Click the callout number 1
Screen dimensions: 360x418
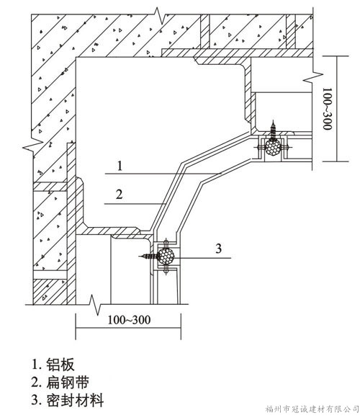(x=120, y=166)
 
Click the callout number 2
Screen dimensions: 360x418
(x=119, y=195)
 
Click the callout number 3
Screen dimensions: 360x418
(x=218, y=249)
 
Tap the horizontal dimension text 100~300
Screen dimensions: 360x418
(x=129, y=320)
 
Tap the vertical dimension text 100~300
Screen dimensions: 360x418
(x=328, y=109)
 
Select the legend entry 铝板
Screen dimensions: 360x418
(x=53, y=365)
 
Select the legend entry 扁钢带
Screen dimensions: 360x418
(x=60, y=383)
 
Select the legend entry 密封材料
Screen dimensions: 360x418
(x=68, y=401)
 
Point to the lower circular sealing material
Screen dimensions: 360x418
(x=166, y=257)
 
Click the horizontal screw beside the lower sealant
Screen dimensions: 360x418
(x=149, y=257)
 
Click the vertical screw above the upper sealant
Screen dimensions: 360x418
(x=273, y=130)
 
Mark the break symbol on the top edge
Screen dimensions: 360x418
(x=160, y=16)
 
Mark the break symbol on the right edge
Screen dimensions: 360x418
(x=313, y=77)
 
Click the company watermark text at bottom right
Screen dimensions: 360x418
(x=312, y=409)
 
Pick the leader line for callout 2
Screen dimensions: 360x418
(x=135, y=204)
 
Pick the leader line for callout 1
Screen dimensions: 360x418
(x=163, y=174)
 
